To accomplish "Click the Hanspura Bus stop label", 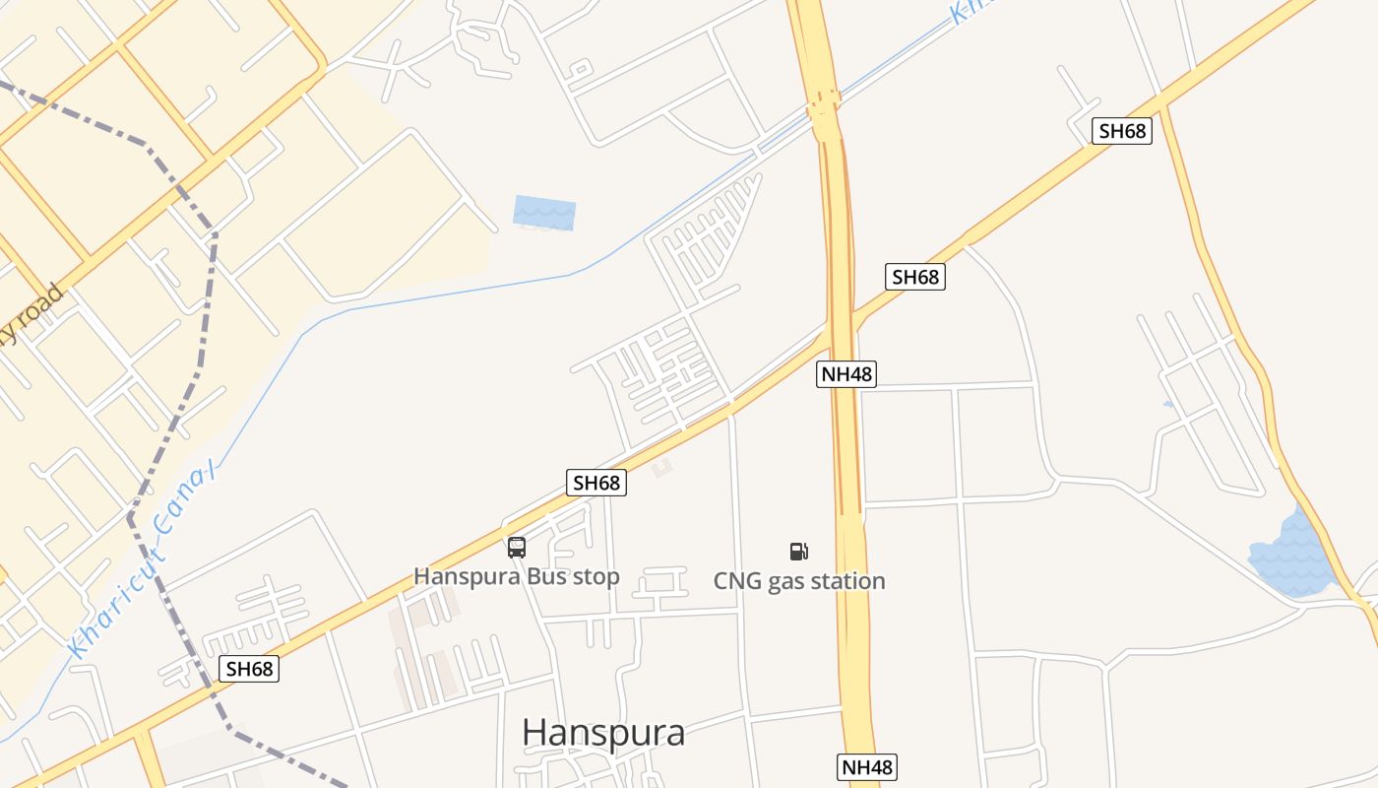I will [x=516, y=576].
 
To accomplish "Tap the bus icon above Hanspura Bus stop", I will [x=517, y=548].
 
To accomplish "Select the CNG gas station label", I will [x=799, y=581].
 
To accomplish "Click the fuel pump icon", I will [x=799, y=552].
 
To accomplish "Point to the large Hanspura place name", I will [x=602, y=733].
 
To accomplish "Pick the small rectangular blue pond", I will [x=544, y=213].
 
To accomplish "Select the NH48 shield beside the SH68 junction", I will [x=846, y=374].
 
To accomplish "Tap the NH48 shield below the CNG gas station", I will [x=868, y=767].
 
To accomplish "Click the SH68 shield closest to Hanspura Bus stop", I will [x=596, y=483].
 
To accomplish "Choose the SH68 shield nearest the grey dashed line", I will [x=249, y=669].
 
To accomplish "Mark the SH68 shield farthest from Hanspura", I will [x=1122, y=131].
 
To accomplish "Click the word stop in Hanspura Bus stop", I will [x=595, y=576].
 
